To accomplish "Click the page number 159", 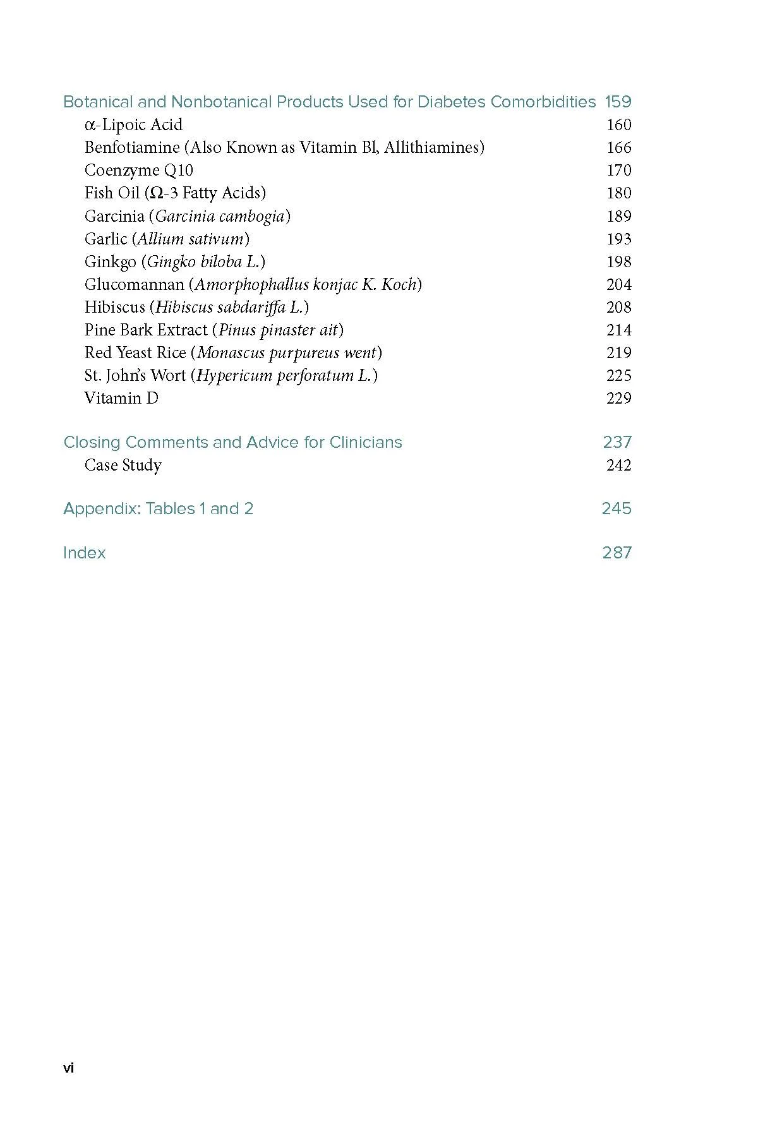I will pyautogui.click(x=618, y=102).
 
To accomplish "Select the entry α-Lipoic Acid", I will pyautogui.click(x=133, y=125).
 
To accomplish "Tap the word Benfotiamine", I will pyautogui.click(x=132, y=148).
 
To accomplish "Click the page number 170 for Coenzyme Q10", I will pyautogui.click(x=618, y=171).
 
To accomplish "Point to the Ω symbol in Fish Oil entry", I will pyautogui.click(x=157, y=193).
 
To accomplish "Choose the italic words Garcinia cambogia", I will pyautogui.click(x=220, y=217).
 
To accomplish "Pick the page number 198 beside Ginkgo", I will pyautogui.click(x=618, y=262).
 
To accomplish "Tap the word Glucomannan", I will pyautogui.click(x=134, y=285).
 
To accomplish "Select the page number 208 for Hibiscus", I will pyautogui.click(x=618, y=308).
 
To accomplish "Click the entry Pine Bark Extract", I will pyautogui.click(x=146, y=330).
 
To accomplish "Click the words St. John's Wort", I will pyautogui.click(x=135, y=376).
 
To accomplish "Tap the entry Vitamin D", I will pyautogui.click(x=121, y=399).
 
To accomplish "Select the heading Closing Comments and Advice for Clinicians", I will pyautogui.click(x=232, y=442).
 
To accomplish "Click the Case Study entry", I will pyautogui.click(x=123, y=466).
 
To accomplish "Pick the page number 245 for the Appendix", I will pyautogui.click(x=617, y=509).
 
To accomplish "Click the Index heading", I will pyautogui.click(x=85, y=553).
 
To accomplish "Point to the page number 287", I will pyautogui.click(x=617, y=553).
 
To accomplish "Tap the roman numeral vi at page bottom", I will pyautogui.click(x=69, y=1068).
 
